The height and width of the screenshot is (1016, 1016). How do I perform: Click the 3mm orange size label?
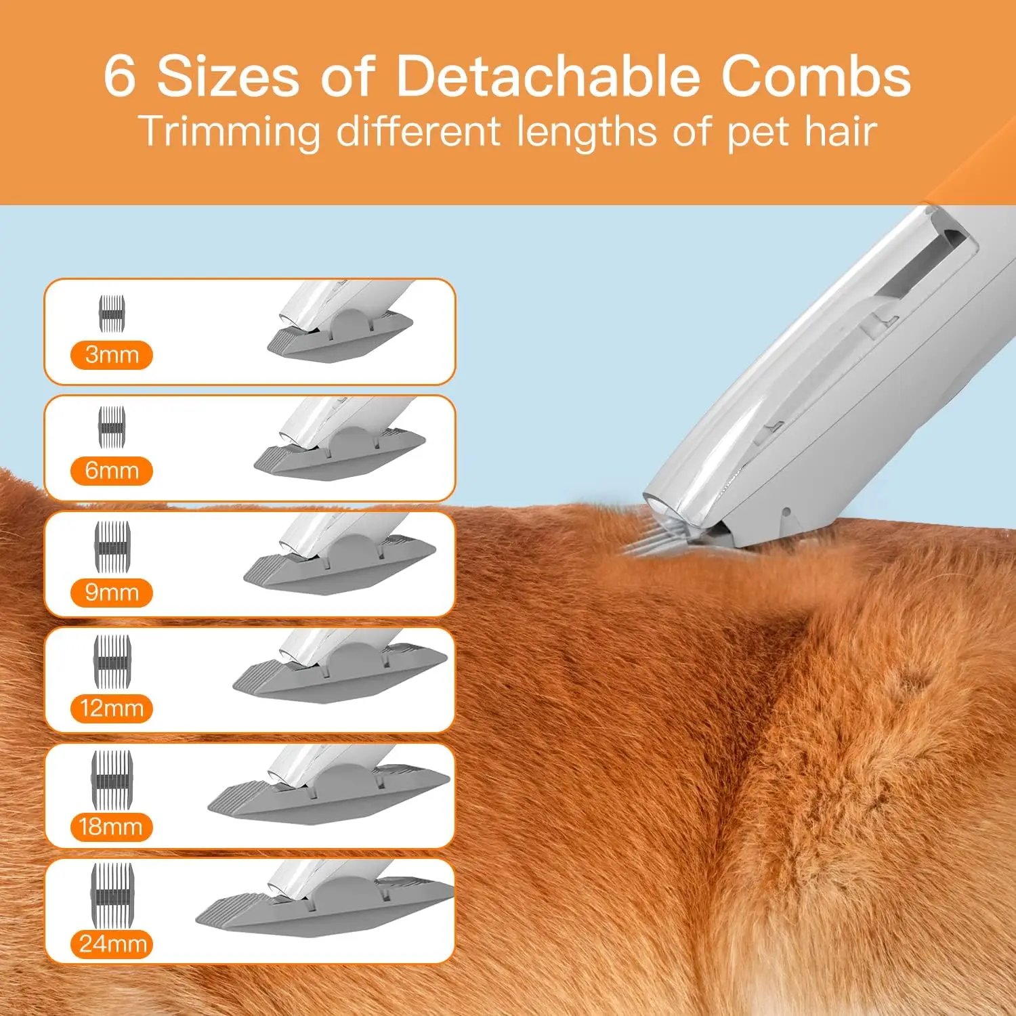click(112, 355)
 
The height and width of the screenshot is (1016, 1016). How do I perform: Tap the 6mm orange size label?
click(112, 471)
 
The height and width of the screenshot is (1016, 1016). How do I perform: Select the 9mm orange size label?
click(112, 593)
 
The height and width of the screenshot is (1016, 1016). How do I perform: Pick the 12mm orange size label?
click(112, 708)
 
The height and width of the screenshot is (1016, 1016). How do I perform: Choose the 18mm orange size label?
click(111, 827)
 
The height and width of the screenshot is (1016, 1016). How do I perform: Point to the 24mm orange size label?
click(112, 944)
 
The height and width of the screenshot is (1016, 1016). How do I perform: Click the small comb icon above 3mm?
click(112, 314)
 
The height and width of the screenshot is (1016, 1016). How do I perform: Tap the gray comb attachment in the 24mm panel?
click(325, 911)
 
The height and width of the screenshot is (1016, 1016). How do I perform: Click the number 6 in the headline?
click(120, 75)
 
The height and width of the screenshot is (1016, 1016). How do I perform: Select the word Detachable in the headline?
click(547, 75)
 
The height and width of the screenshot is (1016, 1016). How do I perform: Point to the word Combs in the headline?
click(816, 75)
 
